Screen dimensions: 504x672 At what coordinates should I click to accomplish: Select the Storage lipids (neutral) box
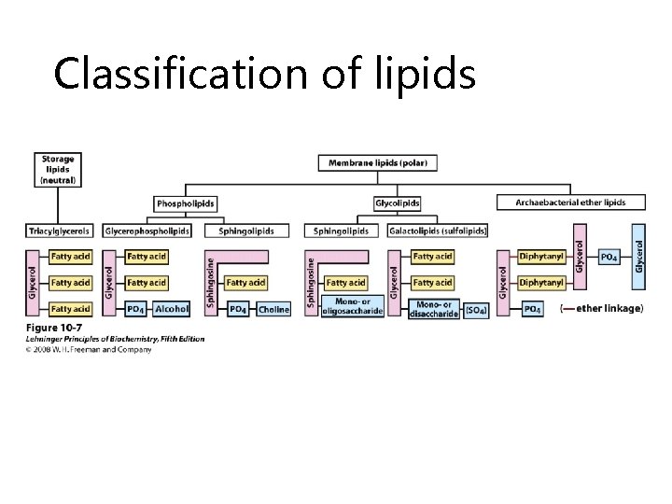[59, 169]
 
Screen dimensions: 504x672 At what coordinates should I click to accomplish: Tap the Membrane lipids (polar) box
[378, 162]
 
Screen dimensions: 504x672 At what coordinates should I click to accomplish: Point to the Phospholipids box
[186, 203]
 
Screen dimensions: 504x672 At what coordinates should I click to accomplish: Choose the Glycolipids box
[397, 203]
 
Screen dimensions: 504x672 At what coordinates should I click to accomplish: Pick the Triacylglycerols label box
[61, 231]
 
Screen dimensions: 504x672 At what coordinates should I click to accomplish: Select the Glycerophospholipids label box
[147, 231]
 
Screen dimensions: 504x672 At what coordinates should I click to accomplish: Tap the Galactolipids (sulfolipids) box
[438, 231]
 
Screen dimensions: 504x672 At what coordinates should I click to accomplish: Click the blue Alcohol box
[172, 309]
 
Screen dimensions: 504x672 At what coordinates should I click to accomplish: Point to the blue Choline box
[273, 309]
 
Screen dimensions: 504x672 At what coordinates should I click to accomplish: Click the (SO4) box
[476, 309]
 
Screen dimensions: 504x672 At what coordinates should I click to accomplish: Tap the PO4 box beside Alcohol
[135, 309]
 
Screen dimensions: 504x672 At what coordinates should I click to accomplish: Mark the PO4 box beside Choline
[238, 309]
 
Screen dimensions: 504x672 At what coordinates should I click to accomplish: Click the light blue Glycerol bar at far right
[638, 253]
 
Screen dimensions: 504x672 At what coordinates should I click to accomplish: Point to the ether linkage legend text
[601, 309]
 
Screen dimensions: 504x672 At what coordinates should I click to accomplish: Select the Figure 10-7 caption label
[52, 328]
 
